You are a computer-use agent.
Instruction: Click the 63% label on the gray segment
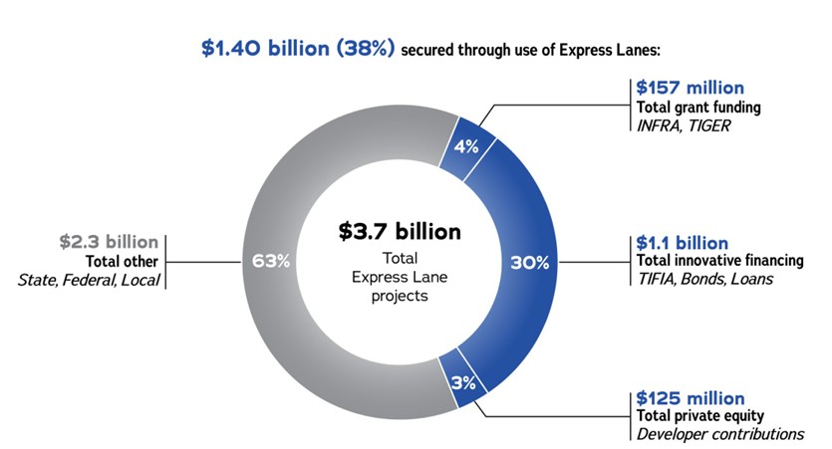point(271,262)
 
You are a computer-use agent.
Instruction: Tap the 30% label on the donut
point(530,263)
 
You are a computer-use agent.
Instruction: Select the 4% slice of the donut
point(466,146)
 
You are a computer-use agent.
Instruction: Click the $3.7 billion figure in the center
point(399,231)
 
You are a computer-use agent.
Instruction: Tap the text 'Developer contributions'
point(719,434)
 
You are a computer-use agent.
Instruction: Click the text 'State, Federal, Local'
point(89,279)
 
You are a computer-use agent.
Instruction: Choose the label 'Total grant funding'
point(694,107)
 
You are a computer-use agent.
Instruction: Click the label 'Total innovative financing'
point(719,261)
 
